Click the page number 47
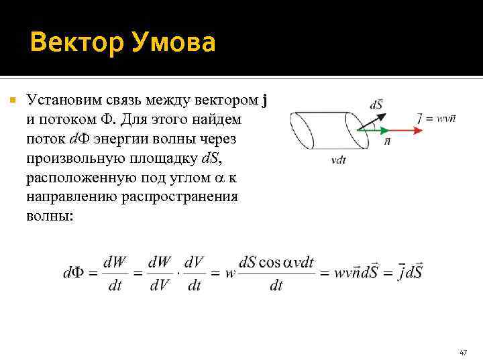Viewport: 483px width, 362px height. [x=463, y=352]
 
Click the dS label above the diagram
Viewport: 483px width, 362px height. [x=376, y=105]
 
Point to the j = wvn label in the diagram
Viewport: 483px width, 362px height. [x=436, y=118]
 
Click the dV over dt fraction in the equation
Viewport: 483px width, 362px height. [x=194, y=273]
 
